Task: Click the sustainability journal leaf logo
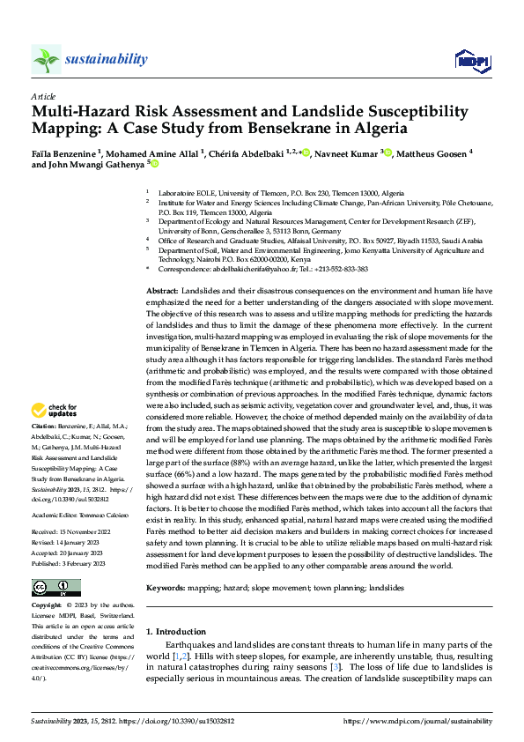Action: click(46, 59)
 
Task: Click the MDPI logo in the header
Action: click(471, 59)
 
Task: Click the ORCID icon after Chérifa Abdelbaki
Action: click(306, 152)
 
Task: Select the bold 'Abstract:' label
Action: click(162, 291)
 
